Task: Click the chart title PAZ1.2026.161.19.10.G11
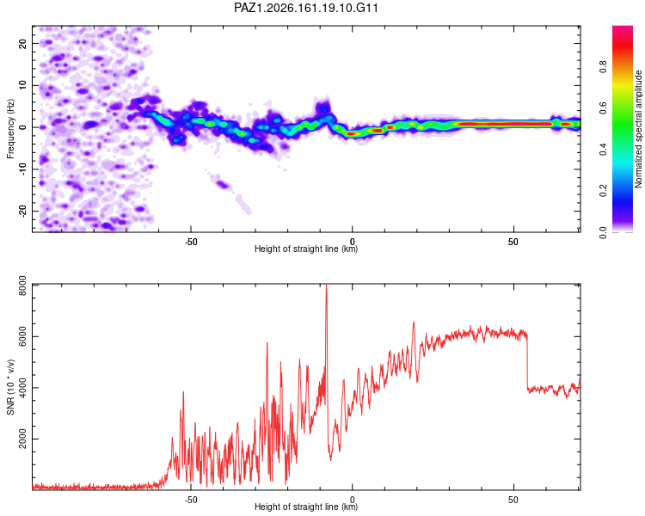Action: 305,8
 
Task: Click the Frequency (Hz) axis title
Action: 10,129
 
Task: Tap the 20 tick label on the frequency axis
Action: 22,43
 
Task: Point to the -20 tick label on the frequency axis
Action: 22,210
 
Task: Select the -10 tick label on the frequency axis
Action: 22,169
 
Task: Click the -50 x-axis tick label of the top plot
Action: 190,242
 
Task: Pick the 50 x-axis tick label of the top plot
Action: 513,242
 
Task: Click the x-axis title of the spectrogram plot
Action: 306,249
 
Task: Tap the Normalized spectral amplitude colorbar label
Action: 638,129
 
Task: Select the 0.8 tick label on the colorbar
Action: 604,67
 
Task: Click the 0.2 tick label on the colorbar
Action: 604,191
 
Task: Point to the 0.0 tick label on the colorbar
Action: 604,232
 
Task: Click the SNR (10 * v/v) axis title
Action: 10,387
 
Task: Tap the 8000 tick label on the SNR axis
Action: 22,286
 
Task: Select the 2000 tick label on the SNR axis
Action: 22,439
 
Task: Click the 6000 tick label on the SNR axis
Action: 22,336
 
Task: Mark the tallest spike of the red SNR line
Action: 326,286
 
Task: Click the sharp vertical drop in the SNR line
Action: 527,362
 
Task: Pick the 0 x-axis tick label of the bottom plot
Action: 352,500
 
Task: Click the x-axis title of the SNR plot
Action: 306,507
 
